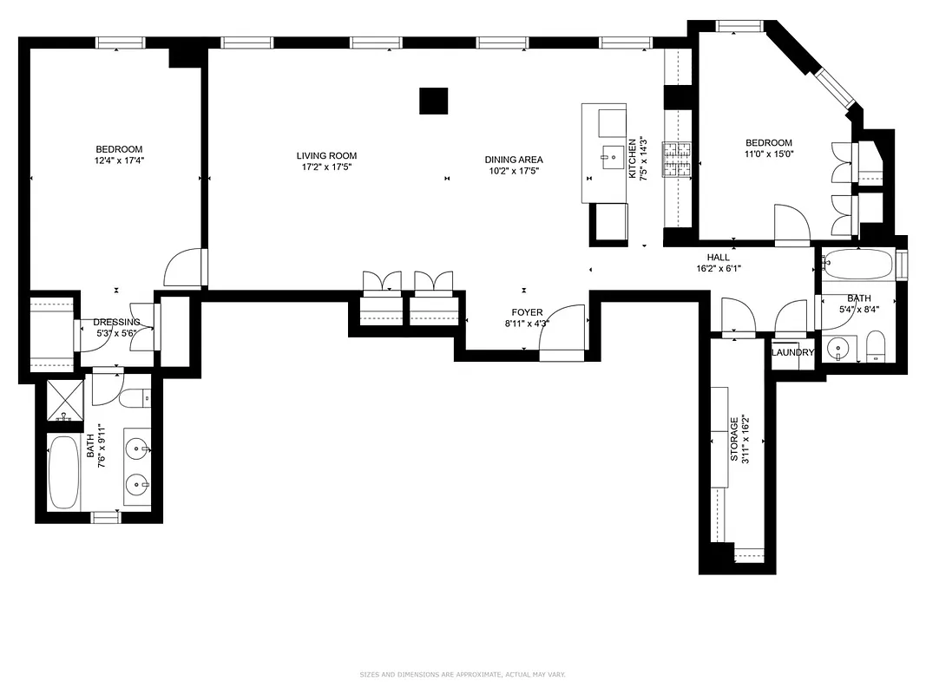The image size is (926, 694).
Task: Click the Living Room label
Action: tap(326, 156)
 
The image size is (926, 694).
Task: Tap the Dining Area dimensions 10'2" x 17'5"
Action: tap(514, 171)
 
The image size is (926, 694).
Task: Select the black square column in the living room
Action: tap(433, 101)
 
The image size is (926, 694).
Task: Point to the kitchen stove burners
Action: tap(677, 159)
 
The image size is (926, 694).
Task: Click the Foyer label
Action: tap(527, 312)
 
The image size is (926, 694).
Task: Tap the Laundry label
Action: tap(792, 353)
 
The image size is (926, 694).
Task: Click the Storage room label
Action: tap(734, 439)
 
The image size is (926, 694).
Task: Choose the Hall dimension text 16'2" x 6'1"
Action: tap(718, 269)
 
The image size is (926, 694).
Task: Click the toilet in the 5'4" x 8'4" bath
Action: tap(874, 345)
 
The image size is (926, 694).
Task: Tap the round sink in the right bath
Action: tap(839, 349)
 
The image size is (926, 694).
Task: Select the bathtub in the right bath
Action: tap(857, 263)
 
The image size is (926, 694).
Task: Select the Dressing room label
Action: tap(116, 323)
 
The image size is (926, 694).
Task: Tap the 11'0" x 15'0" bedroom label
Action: tap(768, 148)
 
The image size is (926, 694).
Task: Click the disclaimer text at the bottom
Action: tap(463, 674)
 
